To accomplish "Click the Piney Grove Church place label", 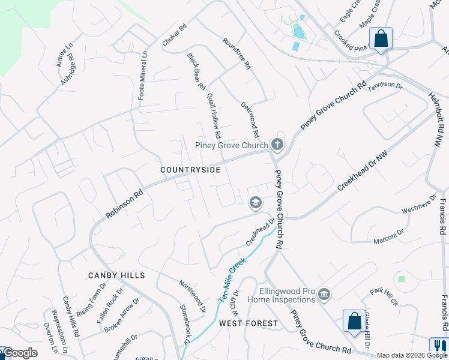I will pos(231,145).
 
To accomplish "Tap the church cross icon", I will pos(277,144).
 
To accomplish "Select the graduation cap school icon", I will pos(256,203).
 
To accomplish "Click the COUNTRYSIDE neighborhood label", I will pos(190,170).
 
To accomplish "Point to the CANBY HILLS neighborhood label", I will pos(116,275).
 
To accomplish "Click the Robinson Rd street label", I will pos(124,200).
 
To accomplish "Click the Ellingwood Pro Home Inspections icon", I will pos(324,293).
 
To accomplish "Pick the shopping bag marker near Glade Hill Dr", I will pos(354,320).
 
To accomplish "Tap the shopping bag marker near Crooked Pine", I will pos(381,38).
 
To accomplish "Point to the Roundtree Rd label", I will pos(236,55).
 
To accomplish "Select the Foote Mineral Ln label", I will pos(142,75).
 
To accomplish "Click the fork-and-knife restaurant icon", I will pos(439,346).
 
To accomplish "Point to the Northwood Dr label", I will pos(193,290).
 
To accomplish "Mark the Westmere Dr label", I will pos(418,204).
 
